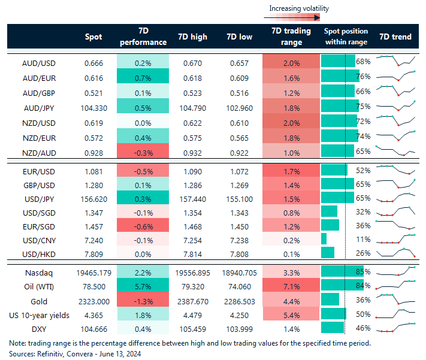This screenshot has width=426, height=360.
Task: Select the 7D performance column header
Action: tap(143, 37)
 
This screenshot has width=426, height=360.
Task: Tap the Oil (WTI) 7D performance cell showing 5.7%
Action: tap(143, 286)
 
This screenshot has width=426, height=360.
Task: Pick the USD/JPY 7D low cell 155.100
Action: tap(241, 197)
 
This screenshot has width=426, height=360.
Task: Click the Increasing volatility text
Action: tap(298, 8)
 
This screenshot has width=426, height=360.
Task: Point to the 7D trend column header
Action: tap(395, 37)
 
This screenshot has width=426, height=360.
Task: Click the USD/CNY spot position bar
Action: tap(324, 239)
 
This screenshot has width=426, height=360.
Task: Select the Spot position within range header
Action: tap(346, 37)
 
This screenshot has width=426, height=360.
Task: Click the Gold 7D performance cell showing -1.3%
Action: tap(143, 301)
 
